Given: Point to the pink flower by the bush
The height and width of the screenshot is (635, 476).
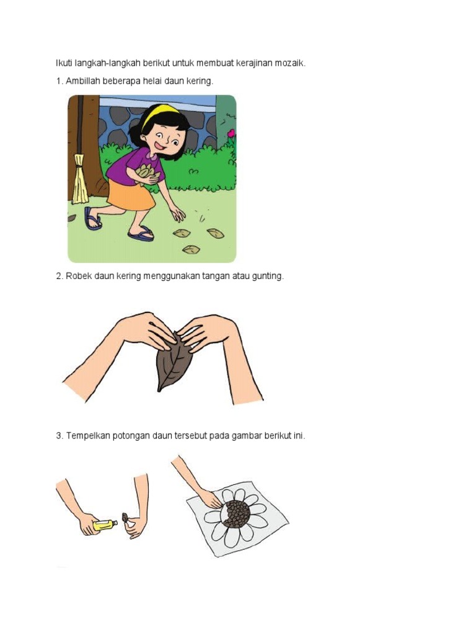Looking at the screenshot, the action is pyautogui.click(x=231, y=133).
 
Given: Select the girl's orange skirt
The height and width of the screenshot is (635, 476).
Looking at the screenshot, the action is pyautogui.click(x=130, y=195).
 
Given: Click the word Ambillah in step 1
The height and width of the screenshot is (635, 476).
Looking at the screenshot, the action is pyautogui.click(x=82, y=81).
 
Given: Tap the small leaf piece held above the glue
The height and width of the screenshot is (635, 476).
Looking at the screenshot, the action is pyautogui.click(x=125, y=517).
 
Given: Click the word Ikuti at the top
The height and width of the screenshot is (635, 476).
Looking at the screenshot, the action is pyautogui.click(x=64, y=63).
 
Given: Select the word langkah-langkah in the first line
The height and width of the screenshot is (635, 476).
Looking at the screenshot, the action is pyautogui.click(x=108, y=63).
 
